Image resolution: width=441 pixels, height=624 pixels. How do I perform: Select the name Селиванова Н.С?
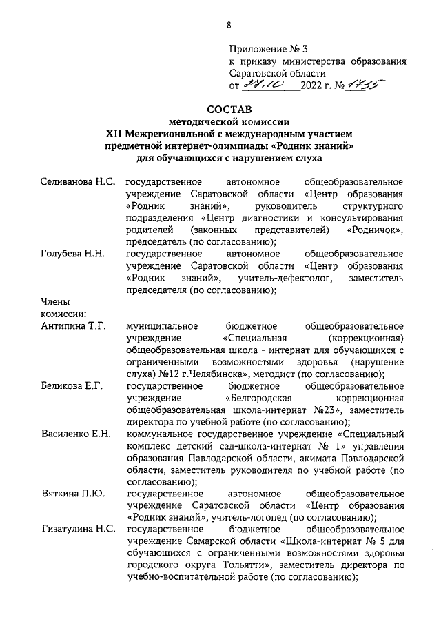click(x=76, y=182)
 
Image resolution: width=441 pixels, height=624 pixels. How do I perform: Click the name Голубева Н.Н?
click(x=72, y=254)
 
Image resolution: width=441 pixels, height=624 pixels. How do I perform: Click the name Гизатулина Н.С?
click(x=77, y=529)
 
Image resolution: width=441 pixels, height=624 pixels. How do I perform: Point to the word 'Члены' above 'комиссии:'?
click(x=56, y=302)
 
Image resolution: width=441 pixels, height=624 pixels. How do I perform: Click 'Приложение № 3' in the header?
click(x=270, y=49)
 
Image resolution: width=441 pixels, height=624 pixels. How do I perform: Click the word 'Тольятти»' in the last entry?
click(x=252, y=565)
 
